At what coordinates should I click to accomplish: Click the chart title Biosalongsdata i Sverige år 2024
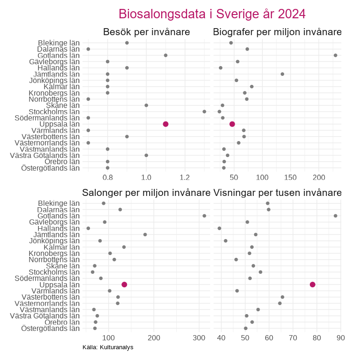[x=212, y=14]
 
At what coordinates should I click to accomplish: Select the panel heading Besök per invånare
[x=146, y=32]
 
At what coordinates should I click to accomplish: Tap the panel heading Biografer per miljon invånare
[x=277, y=32]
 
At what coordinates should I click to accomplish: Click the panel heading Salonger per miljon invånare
[x=146, y=193]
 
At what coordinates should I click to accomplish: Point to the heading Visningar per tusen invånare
[x=277, y=193]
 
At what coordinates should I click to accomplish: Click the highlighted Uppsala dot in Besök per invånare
[x=165, y=124]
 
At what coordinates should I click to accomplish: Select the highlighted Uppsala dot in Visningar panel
[x=313, y=285]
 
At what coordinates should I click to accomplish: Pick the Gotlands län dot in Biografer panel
[x=336, y=55]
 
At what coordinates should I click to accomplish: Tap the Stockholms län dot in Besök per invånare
[x=204, y=112]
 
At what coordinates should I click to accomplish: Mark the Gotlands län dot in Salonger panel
[x=204, y=216]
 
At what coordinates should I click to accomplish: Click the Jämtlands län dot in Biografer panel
[x=282, y=74]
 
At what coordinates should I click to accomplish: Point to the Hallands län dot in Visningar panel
[x=219, y=228]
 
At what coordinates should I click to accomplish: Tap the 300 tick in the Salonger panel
[x=199, y=337]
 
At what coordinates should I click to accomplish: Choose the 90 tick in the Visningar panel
[x=341, y=337]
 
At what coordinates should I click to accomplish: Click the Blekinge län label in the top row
[x=59, y=43]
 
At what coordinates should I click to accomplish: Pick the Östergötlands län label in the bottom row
[x=51, y=328]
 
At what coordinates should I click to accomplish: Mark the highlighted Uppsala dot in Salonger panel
[x=124, y=285]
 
